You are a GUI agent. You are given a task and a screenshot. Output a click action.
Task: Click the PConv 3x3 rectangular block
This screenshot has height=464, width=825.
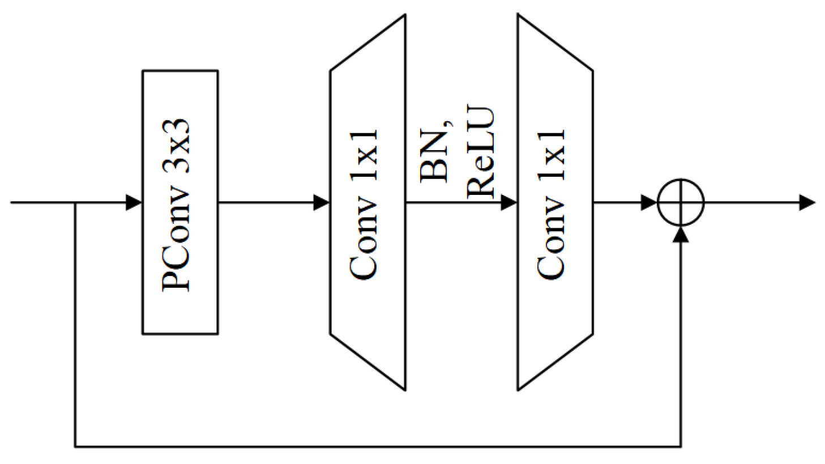179,202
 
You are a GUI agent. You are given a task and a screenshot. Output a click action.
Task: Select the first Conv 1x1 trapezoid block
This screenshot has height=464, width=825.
367,202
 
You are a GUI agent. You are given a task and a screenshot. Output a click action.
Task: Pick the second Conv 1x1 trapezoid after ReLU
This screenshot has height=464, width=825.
555,202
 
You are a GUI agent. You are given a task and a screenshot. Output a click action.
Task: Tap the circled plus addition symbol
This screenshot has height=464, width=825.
681,202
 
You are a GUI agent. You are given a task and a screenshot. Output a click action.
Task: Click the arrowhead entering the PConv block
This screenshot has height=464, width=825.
134,202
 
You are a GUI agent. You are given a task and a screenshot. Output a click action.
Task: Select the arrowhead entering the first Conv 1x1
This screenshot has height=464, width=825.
322,202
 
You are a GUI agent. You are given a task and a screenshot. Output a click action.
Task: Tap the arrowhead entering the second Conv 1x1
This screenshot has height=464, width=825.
509,202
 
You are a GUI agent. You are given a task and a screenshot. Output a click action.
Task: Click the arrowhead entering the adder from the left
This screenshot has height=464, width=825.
649,202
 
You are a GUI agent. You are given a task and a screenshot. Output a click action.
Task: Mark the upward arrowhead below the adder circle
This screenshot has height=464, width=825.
681,233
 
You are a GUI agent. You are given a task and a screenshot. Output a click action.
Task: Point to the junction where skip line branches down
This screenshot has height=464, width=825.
75,202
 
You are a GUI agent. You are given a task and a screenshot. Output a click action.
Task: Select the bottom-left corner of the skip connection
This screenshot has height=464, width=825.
75,446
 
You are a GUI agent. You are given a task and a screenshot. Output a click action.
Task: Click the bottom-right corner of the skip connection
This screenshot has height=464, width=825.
681,446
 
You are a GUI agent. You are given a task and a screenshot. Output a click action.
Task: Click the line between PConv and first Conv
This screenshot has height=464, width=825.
266,202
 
